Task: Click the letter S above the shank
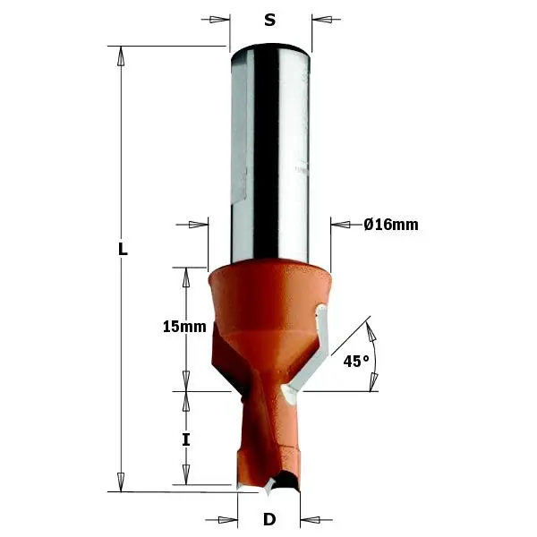(x=269, y=21)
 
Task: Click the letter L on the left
(x=123, y=251)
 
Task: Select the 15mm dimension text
(x=184, y=327)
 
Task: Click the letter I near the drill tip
(x=186, y=439)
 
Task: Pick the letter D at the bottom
(x=268, y=520)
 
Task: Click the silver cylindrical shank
(x=271, y=152)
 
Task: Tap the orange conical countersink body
(x=268, y=304)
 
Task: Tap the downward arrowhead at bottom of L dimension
(x=119, y=482)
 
